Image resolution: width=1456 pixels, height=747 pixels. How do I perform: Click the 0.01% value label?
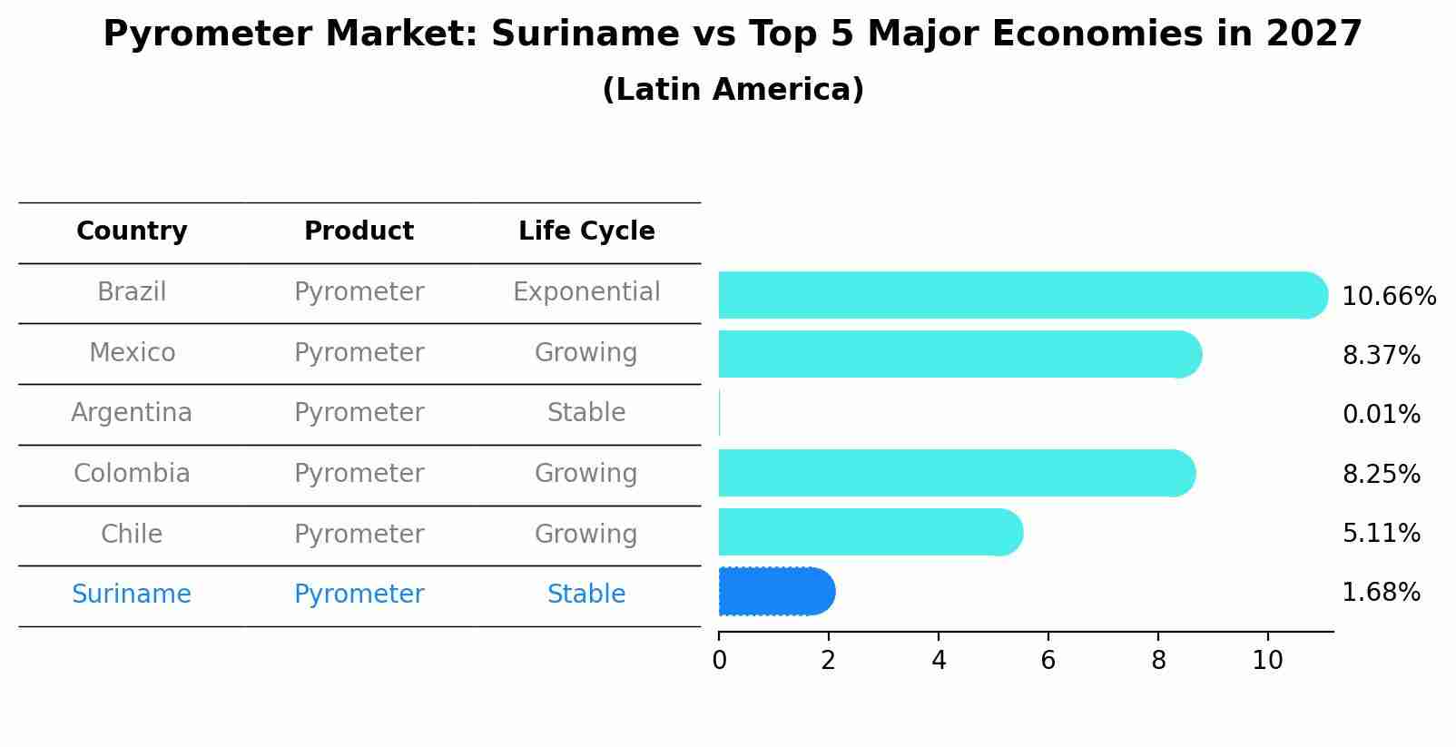(x=1381, y=415)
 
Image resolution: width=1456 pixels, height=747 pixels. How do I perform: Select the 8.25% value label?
(x=1381, y=474)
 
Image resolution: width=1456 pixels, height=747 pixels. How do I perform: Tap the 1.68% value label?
(x=1381, y=593)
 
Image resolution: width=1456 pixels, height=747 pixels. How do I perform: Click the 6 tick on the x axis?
(x=1048, y=661)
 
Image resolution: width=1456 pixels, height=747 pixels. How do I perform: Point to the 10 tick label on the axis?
(x=1267, y=661)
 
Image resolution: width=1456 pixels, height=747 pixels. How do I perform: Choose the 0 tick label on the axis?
(x=719, y=661)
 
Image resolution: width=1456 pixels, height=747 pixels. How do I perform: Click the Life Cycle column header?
(x=586, y=231)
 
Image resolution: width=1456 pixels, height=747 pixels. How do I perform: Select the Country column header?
(x=132, y=231)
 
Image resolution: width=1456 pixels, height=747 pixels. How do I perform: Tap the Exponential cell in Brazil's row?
(x=586, y=292)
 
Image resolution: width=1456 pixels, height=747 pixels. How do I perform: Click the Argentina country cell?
(x=132, y=413)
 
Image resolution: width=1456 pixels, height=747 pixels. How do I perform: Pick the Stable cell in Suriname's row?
(x=586, y=595)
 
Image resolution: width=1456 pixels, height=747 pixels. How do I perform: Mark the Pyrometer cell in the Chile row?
(x=359, y=534)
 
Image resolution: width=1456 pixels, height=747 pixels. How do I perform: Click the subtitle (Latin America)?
(x=733, y=90)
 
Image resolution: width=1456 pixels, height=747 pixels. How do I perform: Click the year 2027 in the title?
(x=1313, y=34)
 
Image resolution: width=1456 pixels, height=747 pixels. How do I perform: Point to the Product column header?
(x=359, y=231)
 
